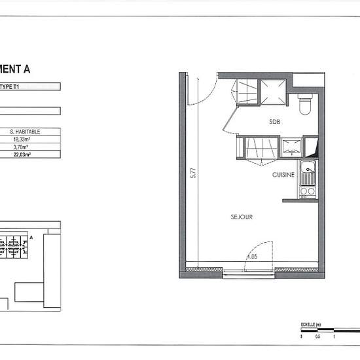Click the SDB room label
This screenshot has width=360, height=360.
click(275, 122)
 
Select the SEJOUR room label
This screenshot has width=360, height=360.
click(242, 217)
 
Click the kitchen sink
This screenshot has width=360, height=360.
click(307, 173)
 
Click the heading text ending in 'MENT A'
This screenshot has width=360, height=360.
click(16, 67)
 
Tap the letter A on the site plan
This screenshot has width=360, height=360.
click(31, 238)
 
